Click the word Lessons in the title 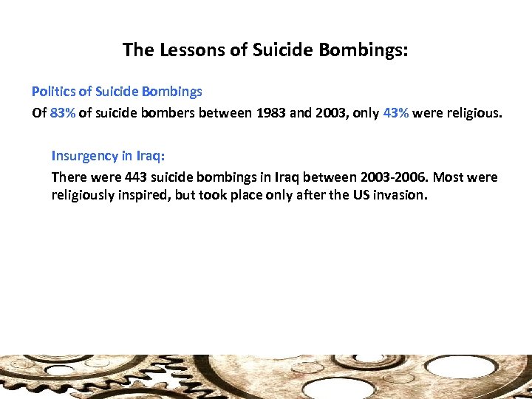click(x=179, y=50)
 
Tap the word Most click(x=451, y=177)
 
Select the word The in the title click(x=137, y=50)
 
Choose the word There click(x=68, y=177)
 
